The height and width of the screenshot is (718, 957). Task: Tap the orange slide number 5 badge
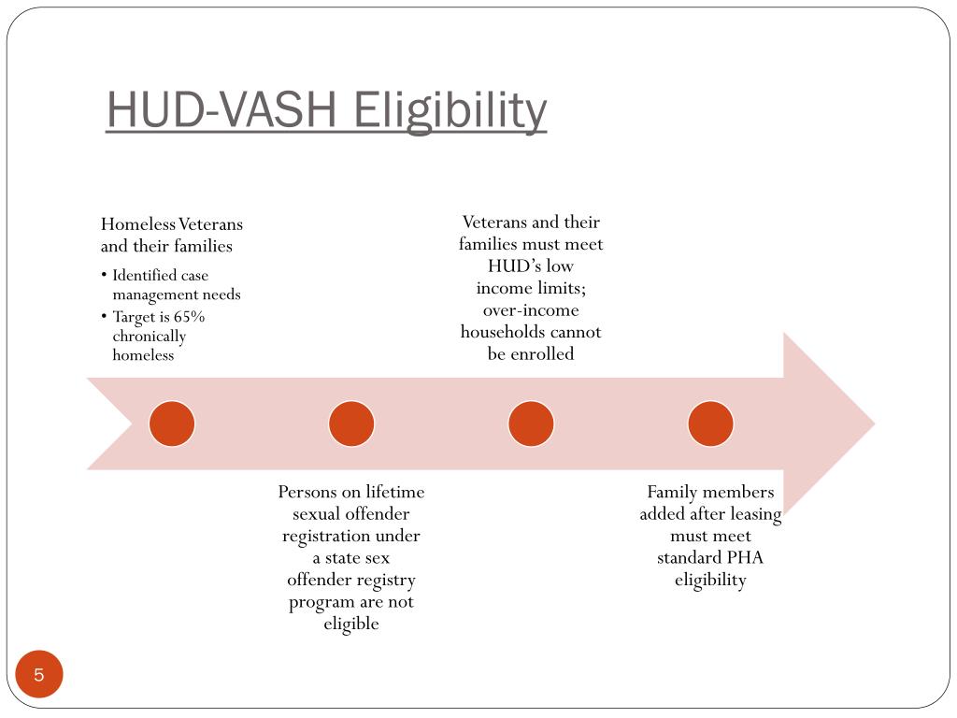click(x=39, y=675)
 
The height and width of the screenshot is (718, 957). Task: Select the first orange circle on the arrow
click(x=172, y=424)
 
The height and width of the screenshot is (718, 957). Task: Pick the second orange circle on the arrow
click(x=351, y=424)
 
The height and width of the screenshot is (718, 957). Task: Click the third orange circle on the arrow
click(x=531, y=424)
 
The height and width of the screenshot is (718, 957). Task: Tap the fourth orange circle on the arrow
click(x=710, y=424)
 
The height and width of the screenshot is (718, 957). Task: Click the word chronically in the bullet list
click(x=150, y=337)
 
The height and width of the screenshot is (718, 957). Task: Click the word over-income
click(x=531, y=310)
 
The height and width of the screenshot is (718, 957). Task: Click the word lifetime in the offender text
click(x=394, y=493)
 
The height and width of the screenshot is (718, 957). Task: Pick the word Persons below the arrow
click(x=308, y=493)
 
